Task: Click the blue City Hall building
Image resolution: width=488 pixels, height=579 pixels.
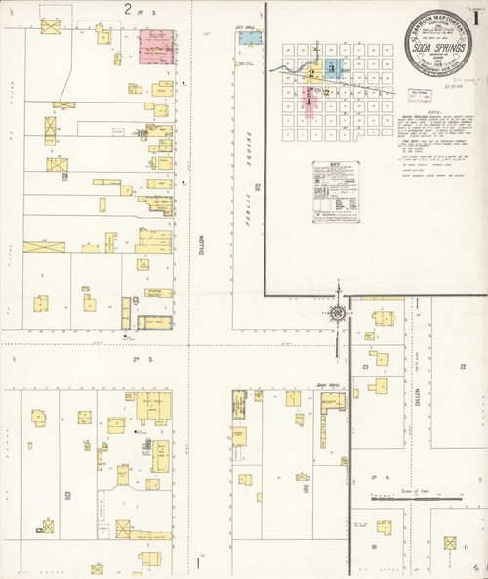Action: pos(251,39)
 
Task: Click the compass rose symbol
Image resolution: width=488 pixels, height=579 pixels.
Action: pos(337,313)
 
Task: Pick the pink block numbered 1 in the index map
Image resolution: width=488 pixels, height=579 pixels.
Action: pos(309,99)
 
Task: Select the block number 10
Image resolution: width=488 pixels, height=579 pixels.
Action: pos(376,547)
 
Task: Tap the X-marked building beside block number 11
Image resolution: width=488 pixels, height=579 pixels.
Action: pos(450,543)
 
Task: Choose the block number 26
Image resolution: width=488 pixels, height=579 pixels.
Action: pos(64,176)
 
